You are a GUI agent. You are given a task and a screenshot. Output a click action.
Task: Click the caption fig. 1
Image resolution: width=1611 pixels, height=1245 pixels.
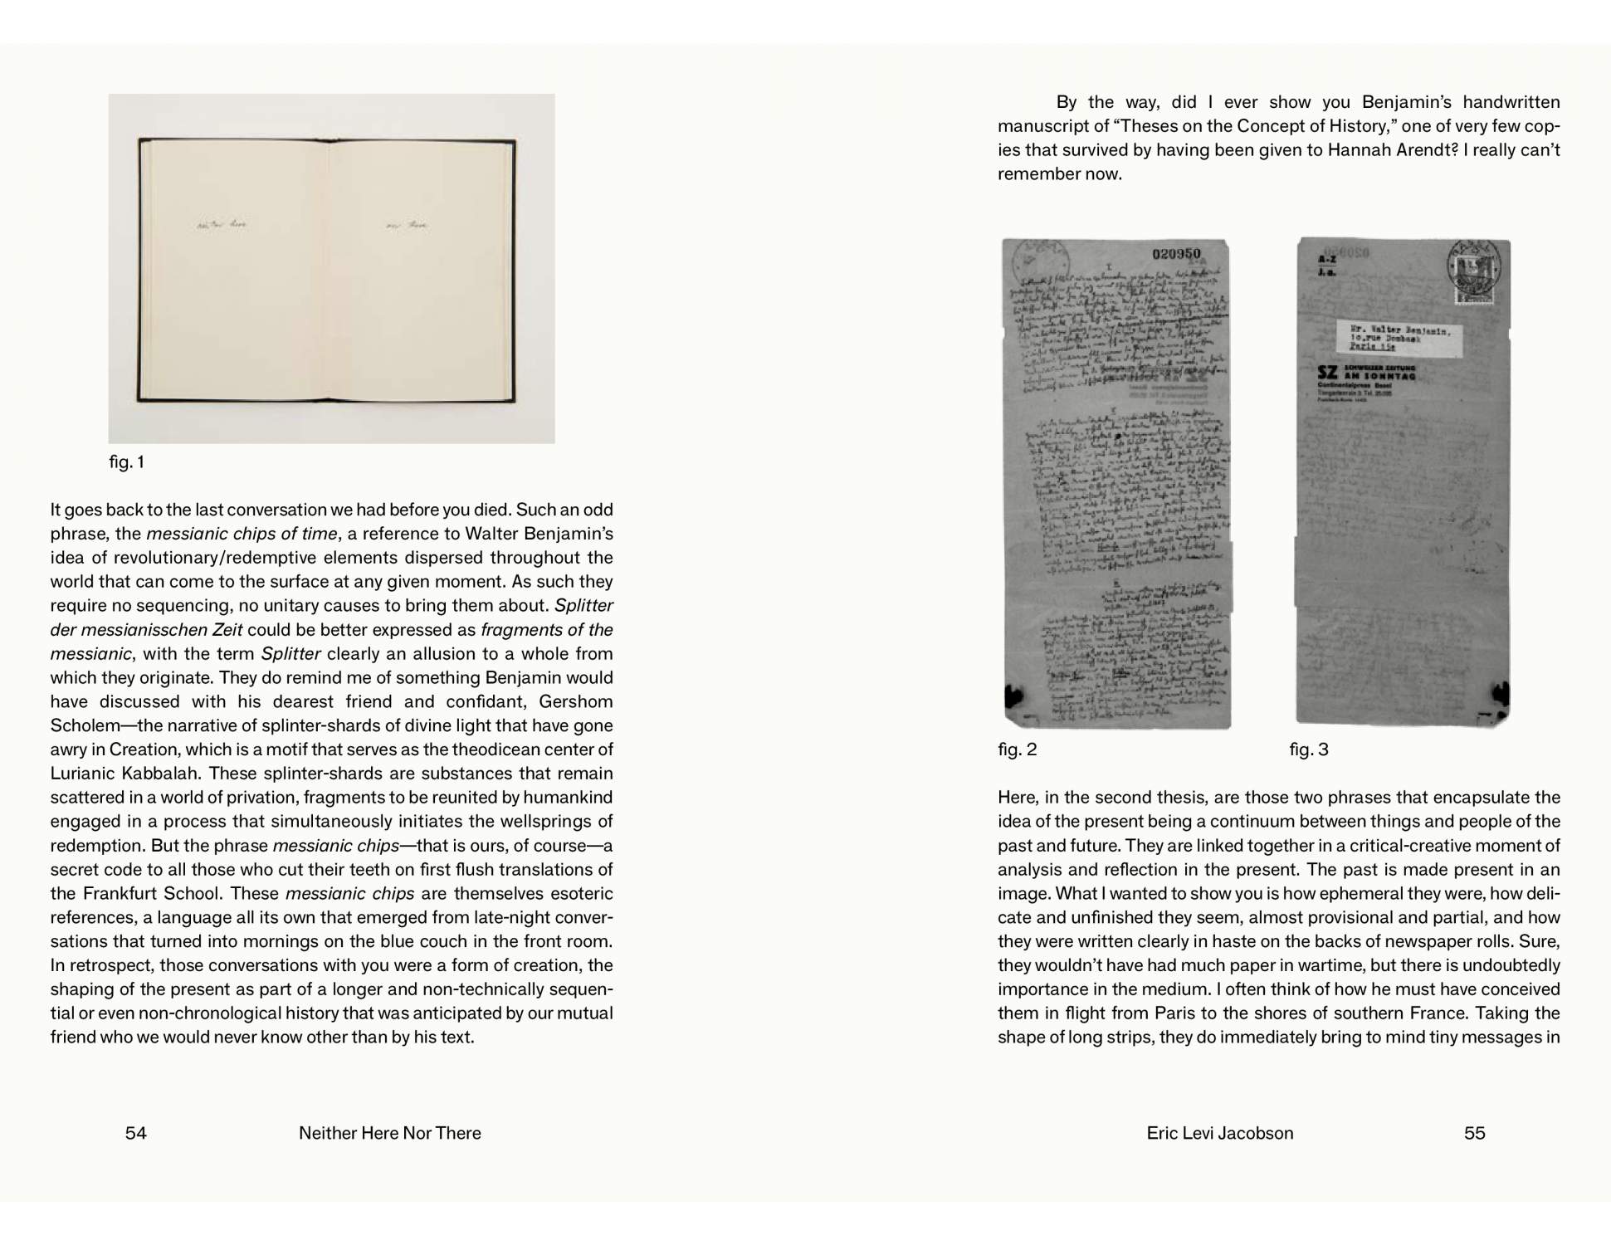click(x=126, y=462)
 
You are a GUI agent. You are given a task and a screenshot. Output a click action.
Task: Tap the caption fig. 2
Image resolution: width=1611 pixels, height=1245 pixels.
click(x=1017, y=749)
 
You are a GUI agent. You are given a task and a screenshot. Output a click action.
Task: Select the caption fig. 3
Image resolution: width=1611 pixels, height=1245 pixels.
click(x=1308, y=749)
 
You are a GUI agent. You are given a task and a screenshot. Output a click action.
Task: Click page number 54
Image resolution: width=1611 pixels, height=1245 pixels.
click(x=135, y=1133)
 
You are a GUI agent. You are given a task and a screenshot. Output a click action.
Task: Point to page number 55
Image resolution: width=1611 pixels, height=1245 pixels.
click(x=1474, y=1133)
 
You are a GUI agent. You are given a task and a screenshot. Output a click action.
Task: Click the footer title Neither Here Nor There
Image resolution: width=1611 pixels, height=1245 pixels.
click(x=389, y=1133)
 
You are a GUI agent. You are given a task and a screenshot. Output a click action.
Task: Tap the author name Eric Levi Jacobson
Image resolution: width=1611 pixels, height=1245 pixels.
click(x=1219, y=1133)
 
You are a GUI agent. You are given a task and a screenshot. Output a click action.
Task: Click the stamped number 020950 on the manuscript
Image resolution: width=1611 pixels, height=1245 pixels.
click(x=1176, y=254)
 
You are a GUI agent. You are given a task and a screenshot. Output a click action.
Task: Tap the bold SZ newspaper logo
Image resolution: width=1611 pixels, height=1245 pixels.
click(x=1327, y=373)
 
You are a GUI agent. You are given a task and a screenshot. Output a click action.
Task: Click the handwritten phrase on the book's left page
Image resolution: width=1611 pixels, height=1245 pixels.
click(x=222, y=224)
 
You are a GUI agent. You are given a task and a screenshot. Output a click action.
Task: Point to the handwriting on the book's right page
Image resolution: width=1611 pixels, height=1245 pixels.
click(x=407, y=224)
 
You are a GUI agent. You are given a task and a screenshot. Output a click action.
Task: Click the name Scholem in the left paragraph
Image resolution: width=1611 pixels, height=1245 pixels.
click(x=83, y=725)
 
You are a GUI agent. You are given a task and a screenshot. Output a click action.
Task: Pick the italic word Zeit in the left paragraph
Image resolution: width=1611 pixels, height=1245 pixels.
click(x=225, y=630)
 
